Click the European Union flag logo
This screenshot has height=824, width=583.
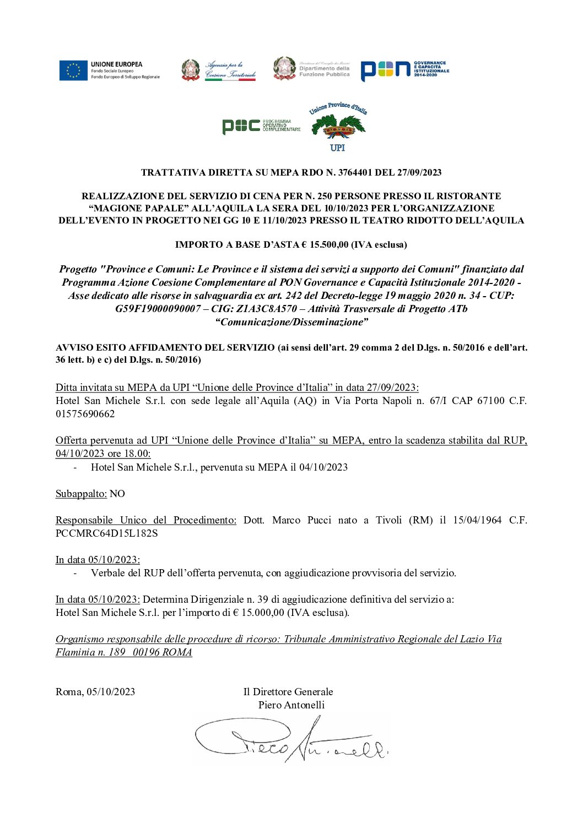click(x=73, y=70)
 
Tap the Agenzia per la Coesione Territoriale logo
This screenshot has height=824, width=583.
click(x=219, y=70)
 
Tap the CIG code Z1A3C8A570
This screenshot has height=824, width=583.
click(x=267, y=309)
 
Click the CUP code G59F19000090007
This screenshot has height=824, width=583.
click(x=158, y=309)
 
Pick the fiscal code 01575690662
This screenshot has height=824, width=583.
click(x=85, y=414)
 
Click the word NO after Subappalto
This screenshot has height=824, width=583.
click(x=117, y=494)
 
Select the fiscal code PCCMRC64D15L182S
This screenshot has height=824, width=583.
click(x=106, y=533)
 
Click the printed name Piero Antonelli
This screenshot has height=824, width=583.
click(x=291, y=705)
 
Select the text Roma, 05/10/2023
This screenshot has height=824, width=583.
click(x=95, y=692)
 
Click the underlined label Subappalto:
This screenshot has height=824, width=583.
click(x=81, y=494)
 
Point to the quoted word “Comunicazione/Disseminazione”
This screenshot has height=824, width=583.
click(x=291, y=322)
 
